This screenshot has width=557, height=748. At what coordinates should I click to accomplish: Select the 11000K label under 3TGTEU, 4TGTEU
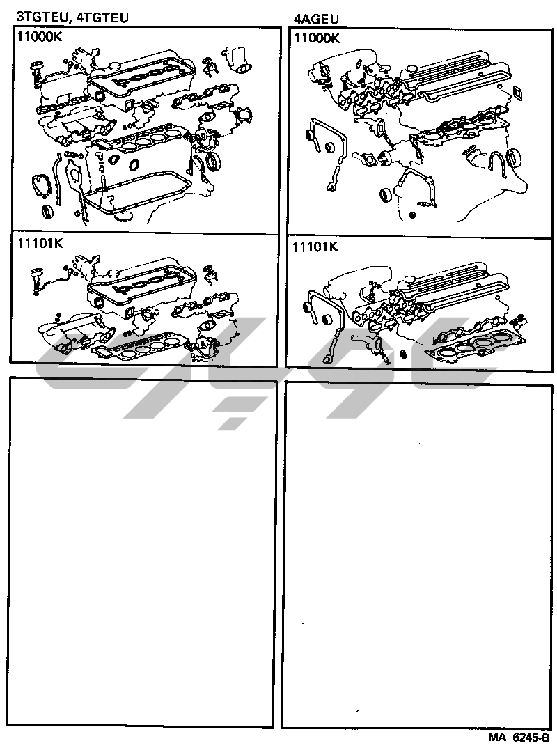(x=38, y=40)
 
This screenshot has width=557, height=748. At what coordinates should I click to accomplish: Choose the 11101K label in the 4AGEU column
(x=315, y=247)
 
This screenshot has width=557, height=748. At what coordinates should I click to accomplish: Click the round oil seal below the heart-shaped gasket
(x=48, y=211)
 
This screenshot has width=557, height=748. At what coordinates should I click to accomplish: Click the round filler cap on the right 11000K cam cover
(x=411, y=68)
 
